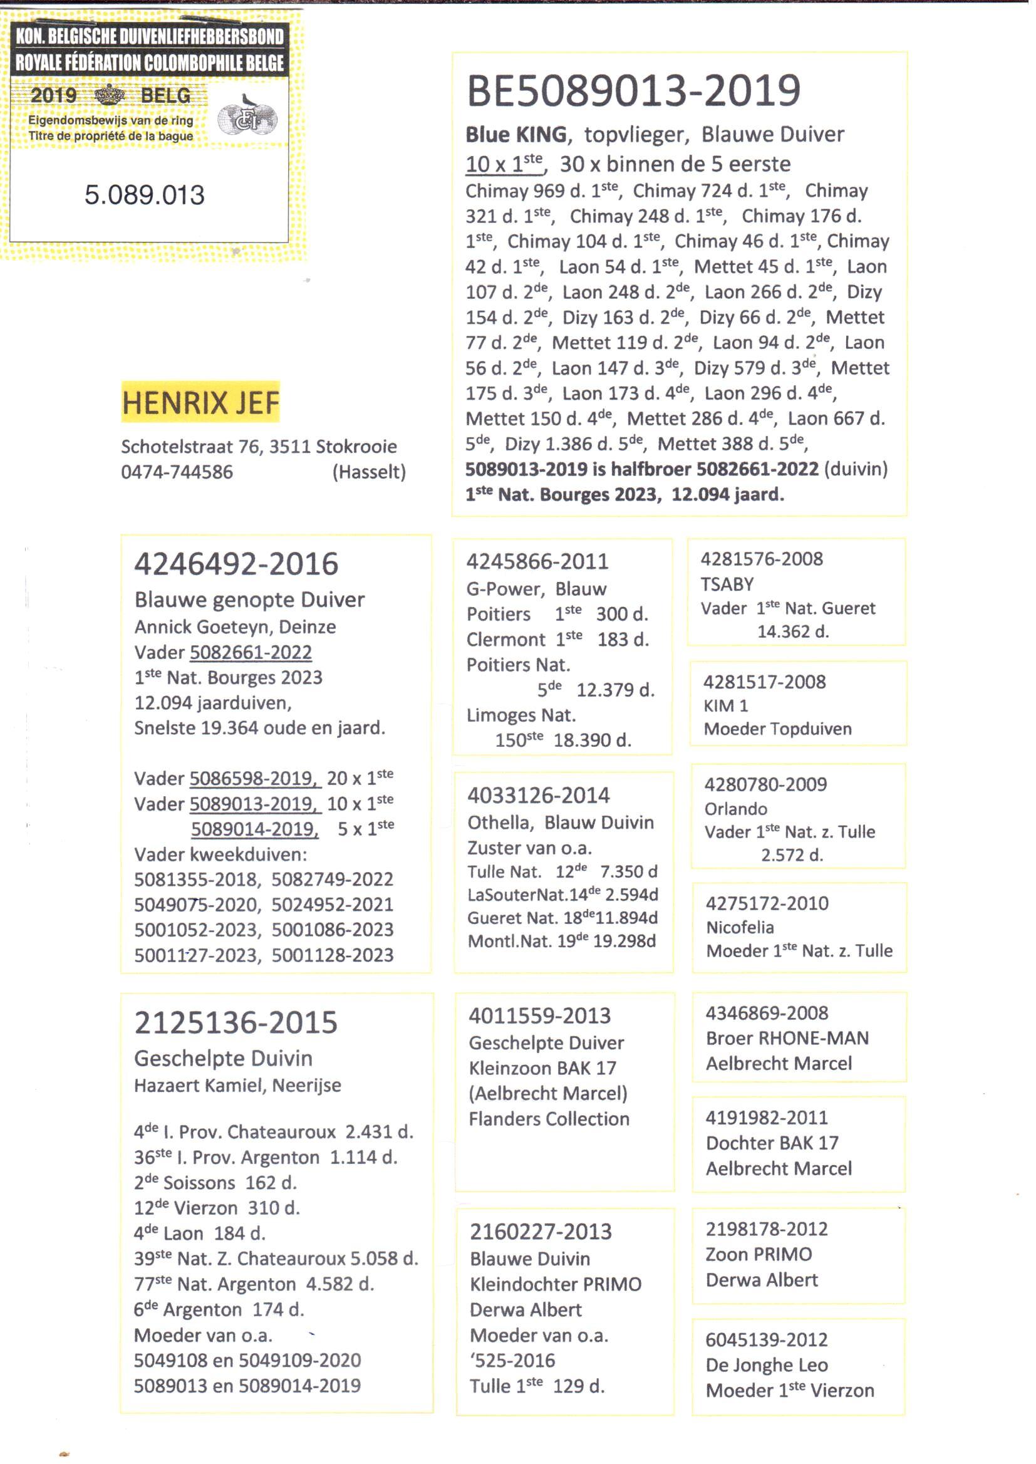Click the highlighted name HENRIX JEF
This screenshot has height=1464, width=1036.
click(200, 403)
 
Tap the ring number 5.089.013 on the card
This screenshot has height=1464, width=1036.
click(144, 195)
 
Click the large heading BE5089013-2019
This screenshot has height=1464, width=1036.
click(633, 90)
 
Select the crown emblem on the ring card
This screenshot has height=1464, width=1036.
click(110, 95)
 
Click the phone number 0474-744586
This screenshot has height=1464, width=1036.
click(177, 472)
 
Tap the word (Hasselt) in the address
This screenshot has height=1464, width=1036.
click(369, 472)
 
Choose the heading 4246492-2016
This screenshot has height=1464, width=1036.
click(236, 564)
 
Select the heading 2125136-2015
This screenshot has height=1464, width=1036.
click(236, 1022)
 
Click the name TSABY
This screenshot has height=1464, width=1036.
click(727, 584)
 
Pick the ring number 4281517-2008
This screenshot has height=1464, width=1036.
click(764, 682)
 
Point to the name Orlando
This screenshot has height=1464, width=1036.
click(735, 809)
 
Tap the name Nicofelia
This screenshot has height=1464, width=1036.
click(739, 928)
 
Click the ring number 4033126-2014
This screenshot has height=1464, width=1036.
click(539, 796)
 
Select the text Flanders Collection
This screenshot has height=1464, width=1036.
click(549, 1119)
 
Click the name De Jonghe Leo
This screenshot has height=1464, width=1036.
click(766, 1365)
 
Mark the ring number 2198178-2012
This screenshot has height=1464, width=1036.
click(766, 1229)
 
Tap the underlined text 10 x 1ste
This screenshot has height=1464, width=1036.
click(504, 164)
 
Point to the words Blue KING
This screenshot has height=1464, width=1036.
click(515, 135)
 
